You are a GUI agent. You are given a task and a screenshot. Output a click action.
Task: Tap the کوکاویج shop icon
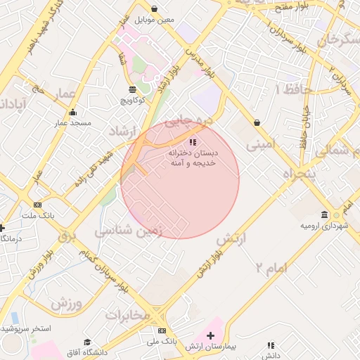point(132,89)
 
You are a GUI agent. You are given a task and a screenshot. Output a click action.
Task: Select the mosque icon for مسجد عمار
point(73,112)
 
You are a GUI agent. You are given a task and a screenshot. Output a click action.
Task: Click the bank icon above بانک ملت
point(37,205)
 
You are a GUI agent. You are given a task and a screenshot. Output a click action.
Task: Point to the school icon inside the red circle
point(193,142)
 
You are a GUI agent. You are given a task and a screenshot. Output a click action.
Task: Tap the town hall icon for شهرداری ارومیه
point(324,214)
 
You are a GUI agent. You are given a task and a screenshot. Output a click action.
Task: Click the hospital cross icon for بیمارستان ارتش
point(210,336)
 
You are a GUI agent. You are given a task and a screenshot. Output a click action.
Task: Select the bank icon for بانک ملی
point(162,330)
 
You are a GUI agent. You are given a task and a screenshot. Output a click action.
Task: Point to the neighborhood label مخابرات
point(128,314)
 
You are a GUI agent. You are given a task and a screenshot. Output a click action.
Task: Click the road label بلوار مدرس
point(200,61)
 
